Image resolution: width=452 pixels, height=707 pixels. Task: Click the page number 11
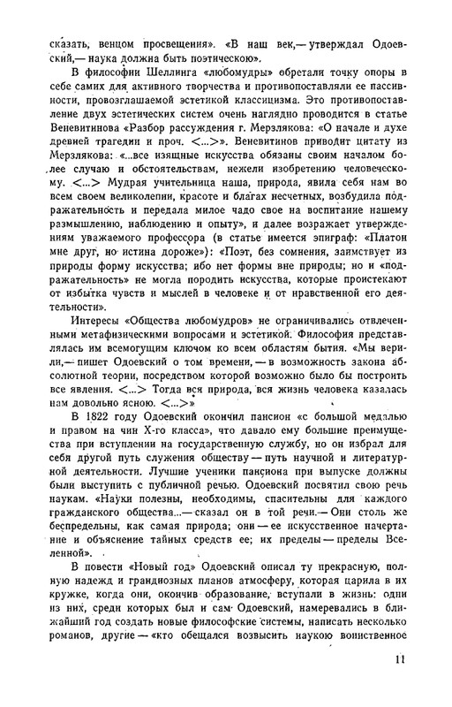pos(400,658)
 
